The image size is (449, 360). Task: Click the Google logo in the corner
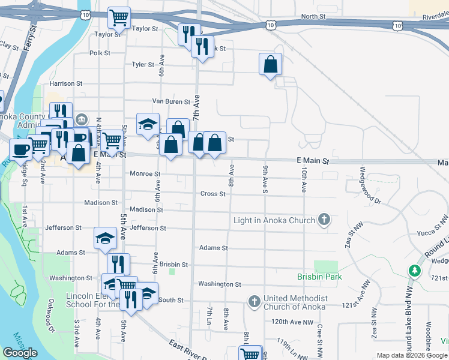pos(20,353)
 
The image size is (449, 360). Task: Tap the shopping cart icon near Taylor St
pos(119,17)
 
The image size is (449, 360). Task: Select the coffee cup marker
pos(20,149)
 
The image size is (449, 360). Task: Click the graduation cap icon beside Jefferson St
pos(105,238)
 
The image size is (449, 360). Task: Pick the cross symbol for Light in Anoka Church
pos(324,220)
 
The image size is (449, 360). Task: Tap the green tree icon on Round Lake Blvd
pos(414,271)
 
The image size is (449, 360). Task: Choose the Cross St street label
pos(212,194)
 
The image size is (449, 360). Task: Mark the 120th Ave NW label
pos(292,322)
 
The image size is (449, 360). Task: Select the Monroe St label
pos(145,174)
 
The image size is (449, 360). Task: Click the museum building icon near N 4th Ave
pos(82,119)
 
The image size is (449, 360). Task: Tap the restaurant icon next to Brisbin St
pos(118,264)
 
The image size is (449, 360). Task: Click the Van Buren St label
pos(171,102)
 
